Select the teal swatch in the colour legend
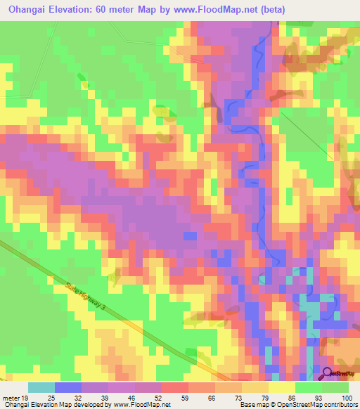(x=41, y=387)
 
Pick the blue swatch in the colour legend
(x=68, y=387)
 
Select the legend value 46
(x=132, y=398)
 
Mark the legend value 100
(x=345, y=398)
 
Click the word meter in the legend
(x=10, y=398)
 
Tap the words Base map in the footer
(x=250, y=405)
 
